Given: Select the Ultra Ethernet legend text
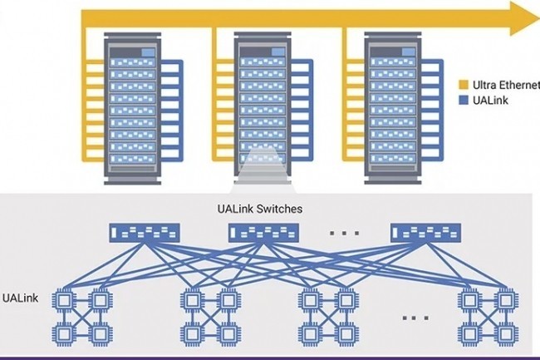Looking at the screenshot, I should pos(506,85).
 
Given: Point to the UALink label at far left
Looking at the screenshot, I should pos(19,297).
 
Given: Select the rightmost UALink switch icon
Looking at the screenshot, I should pos(425,233).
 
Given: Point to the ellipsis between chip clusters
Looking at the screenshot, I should pos(415,316).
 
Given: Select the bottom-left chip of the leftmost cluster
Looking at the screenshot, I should pos(62,333).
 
